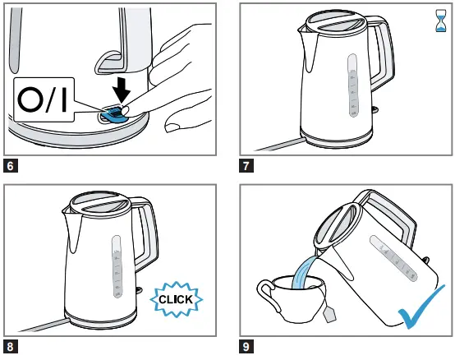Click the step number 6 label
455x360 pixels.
11,164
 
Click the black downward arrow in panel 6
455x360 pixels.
121,86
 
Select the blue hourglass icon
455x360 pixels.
440,21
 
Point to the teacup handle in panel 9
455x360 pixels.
266,293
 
